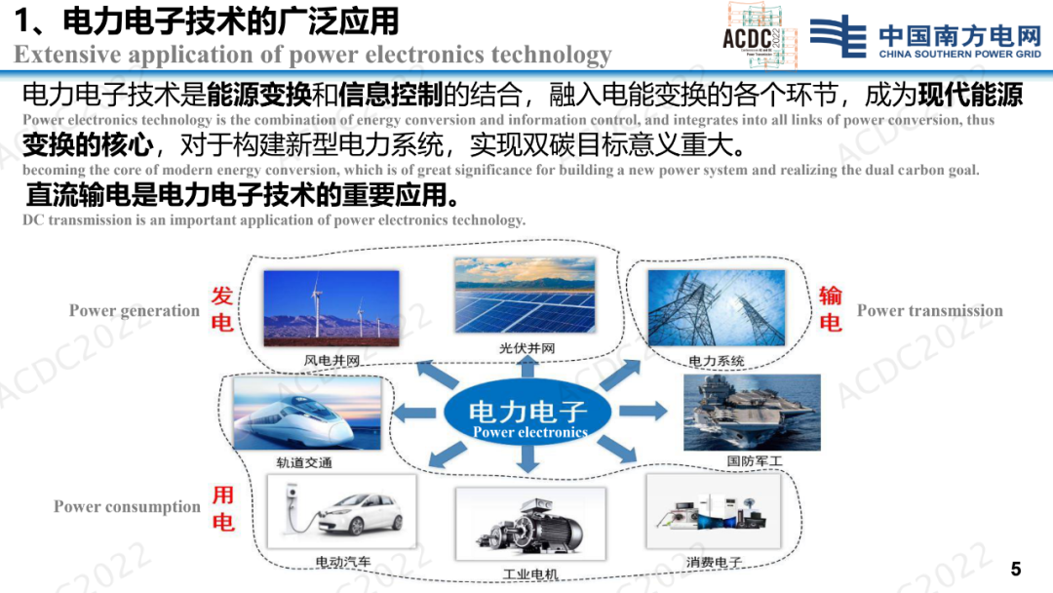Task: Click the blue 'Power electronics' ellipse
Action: point(527,413)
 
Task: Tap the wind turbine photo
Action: point(331,308)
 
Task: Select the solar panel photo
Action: point(525,295)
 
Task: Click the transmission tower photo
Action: point(716,307)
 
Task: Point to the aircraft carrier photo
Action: point(752,413)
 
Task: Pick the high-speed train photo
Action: point(307,413)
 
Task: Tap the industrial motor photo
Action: point(530,524)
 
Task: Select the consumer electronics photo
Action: point(713,511)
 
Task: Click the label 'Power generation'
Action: point(135,310)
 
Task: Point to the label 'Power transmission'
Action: point(929,310)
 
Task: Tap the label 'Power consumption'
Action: point(127,506)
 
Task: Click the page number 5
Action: point(1016,570)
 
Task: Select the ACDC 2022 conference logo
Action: point(760,35)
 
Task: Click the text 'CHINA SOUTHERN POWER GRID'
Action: point(959,54)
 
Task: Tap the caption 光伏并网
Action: point(526,348)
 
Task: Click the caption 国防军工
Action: point(755,461)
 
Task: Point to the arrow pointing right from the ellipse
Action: point(643,411)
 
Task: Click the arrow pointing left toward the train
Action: point(413,413)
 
